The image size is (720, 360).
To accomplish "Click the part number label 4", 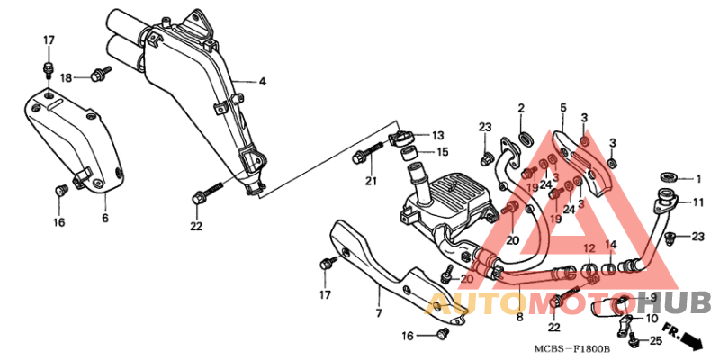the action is click(x=262, y=82).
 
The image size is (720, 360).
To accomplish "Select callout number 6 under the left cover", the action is click(x=105, y=218).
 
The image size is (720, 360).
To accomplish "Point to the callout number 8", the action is click(x=520, y=317).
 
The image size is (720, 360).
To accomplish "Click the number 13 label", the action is click(x=437, y=136).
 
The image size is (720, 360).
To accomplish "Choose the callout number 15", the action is click(x=442, y=151).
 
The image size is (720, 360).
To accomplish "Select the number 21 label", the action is click(x=371, y=181).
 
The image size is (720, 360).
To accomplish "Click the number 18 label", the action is click(x=67, y=78).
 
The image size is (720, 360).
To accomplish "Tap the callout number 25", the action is click(x=656, y=341).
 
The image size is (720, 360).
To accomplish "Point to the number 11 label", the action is click(x=698, y=202).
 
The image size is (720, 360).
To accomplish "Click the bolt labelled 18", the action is click(x=102, y=74).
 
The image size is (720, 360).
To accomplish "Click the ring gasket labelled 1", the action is click(x=668, y=176).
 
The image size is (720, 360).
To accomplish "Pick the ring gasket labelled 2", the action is click(x=526, y=138).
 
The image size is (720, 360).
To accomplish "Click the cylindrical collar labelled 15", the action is click(x=410, y=154).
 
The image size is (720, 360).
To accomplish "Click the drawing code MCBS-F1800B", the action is click(x=571, y=349).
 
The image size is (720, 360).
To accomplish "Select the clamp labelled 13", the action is click(x=400, y=137).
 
